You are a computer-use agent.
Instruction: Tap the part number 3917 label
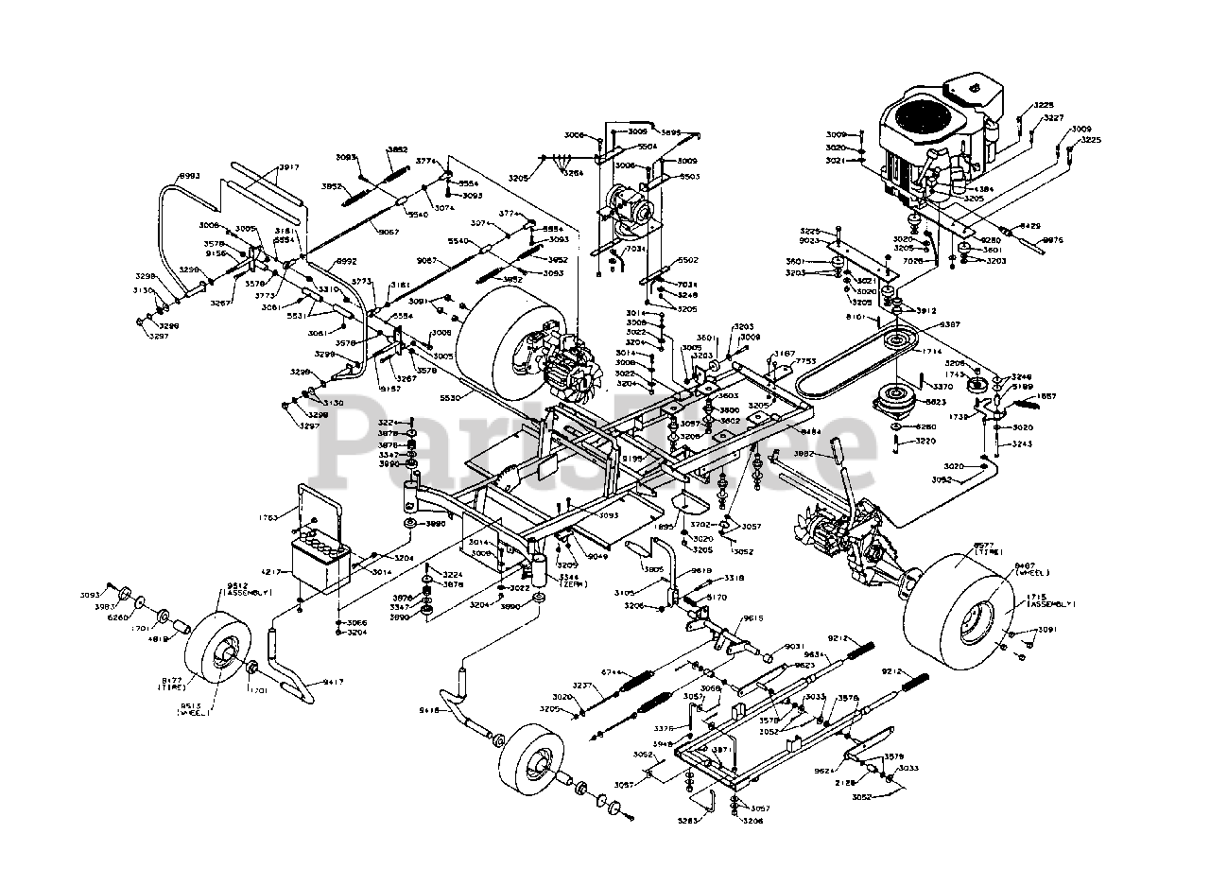coord(288,168)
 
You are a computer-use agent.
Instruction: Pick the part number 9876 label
coord(1052,241)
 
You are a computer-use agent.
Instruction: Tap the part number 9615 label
coord(752,617)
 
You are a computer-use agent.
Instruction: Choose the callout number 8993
coord(190,176)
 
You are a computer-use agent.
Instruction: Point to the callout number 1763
coord(268,517)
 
